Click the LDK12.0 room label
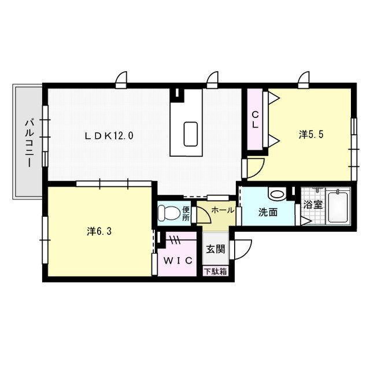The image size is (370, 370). click(109, 136)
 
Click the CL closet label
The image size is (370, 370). click(254, 120)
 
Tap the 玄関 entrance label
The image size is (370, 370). click(216, 250)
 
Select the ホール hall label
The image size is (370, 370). click(223, 210)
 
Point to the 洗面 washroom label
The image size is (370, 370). click(268, 212)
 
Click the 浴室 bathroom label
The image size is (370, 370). click(313, 204)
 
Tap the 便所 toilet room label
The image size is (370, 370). click(186, 214)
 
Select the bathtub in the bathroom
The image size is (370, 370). click(338, 206)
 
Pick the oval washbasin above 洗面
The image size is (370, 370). click(276, 194)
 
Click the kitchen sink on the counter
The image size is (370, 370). click(191, 134)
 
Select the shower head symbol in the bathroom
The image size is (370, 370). click(317, 191)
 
